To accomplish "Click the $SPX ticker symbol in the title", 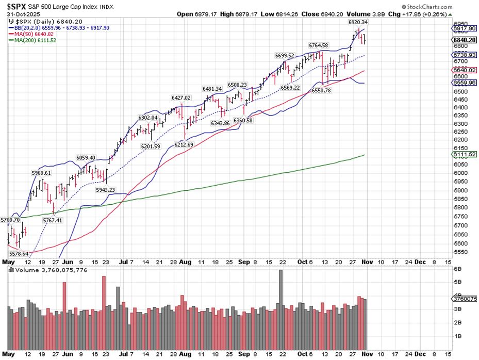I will point(17,6).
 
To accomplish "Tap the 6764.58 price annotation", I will point(318,45).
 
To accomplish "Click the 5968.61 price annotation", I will point(41,173).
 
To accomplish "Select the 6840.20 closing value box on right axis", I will point(464,39).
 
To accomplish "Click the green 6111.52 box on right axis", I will point(464,155).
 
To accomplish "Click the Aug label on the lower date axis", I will point(185,354).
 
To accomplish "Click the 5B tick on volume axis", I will point(457,282).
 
